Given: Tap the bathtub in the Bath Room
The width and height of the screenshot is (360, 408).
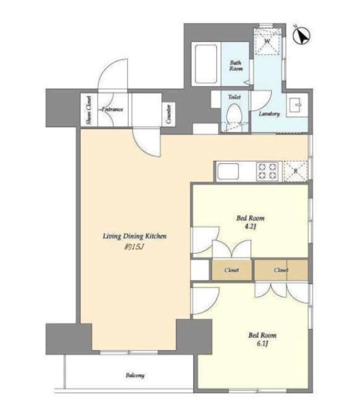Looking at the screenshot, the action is [206, 64].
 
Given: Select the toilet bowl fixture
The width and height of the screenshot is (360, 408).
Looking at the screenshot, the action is [234, 114].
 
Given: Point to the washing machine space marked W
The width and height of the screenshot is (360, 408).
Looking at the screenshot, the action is [268, 42].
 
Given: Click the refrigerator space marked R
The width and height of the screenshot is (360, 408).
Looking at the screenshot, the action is [296, 171].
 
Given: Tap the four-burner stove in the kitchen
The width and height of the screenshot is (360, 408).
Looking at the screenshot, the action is [267, 171].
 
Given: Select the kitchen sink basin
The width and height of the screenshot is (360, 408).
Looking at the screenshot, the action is [228, 171].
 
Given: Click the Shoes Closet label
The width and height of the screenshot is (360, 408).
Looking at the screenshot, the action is [89, 110].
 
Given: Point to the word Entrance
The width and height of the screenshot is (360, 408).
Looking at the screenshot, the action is [112, 109].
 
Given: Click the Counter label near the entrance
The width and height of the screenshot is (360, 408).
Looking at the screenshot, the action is [169, 114].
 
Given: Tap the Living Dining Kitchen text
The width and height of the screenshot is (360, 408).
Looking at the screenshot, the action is [134, 236].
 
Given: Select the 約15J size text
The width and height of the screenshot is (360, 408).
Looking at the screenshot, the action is [134, 247].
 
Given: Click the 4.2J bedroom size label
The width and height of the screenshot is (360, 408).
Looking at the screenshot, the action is [250, 226].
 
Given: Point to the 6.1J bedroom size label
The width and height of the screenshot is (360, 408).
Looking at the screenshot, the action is [262, 344].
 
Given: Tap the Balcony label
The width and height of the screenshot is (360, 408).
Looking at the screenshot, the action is [135, 375].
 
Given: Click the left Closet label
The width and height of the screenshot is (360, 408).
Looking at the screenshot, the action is [231, 270].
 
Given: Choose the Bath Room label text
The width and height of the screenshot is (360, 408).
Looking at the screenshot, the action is [236, 65].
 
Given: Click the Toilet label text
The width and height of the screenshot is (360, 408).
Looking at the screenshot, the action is [234, 97].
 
